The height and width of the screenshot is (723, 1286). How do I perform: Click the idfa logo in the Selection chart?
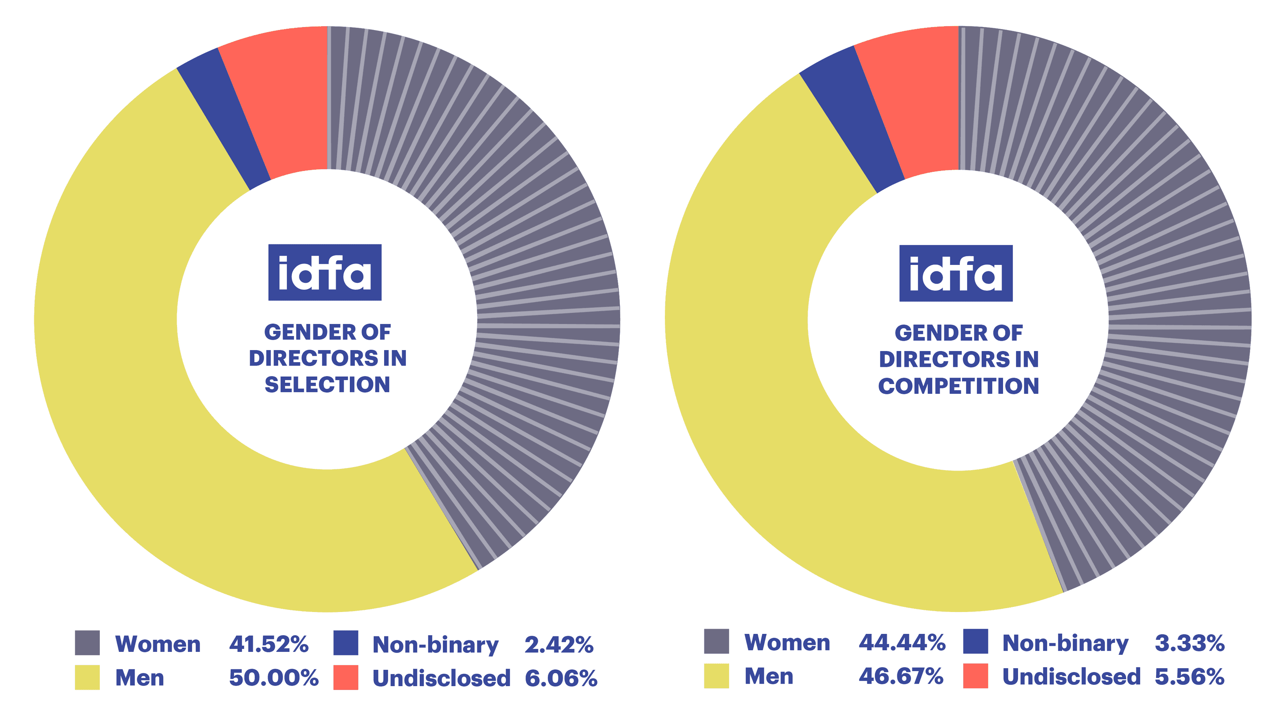pos(325,272)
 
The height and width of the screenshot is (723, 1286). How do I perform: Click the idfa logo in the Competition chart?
pos(955,273)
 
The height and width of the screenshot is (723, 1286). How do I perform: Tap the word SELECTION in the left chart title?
pos(327,385)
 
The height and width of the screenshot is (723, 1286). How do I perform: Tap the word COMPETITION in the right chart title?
pos(958,386)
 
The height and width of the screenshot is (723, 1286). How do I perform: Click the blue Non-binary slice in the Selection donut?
pos(225,120)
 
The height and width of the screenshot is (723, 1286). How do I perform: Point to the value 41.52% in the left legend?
pos(269,644)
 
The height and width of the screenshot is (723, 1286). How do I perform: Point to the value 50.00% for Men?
pos(273,678)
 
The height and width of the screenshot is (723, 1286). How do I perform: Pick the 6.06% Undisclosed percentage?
pos(561,678)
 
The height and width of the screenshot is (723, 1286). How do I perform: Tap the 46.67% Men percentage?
pos(901,676)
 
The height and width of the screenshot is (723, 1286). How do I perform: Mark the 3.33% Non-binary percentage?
pos(1189,643)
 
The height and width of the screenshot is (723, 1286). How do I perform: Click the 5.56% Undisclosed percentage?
pos(1189,677)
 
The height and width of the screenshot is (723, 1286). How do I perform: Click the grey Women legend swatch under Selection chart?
pos(87,643)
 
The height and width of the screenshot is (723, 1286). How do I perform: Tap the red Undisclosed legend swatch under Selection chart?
pos(346,677)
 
